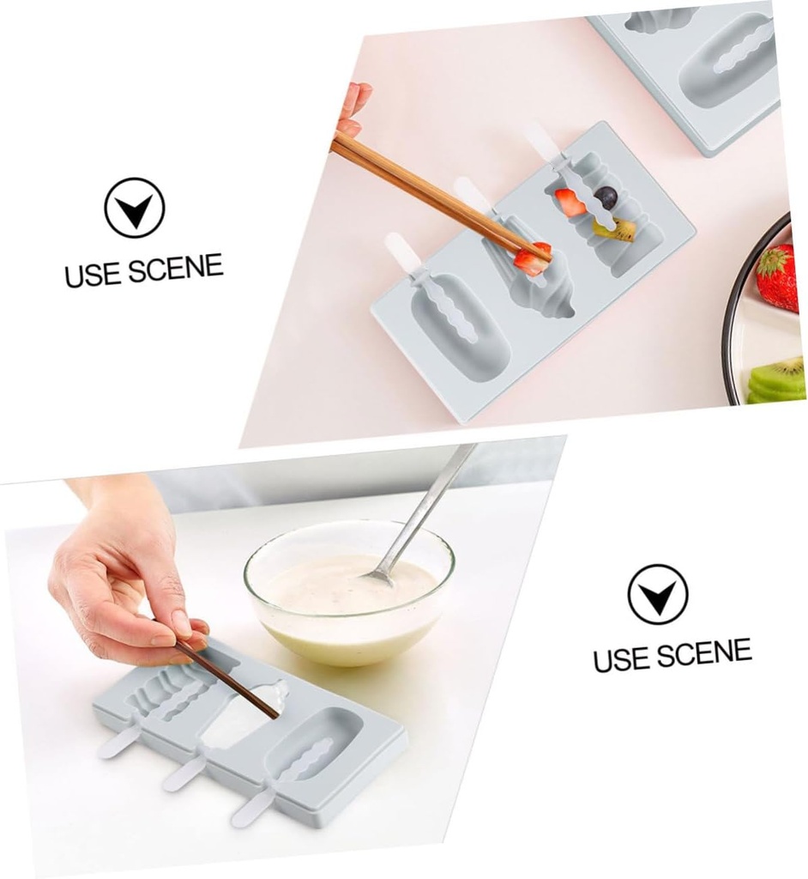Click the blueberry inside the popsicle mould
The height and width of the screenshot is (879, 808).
pyautogui.click(x=606, y=197)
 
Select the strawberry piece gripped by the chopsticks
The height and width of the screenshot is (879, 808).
pyautogui.click(x=533, y=258)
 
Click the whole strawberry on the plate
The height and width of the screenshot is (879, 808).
pyautogui.click(x=777, y=277)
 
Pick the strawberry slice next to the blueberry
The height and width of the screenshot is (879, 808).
pyautogui.click(x=570, y=203)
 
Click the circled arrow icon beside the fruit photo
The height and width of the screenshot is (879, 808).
pyautogui.click(x=135, y=208)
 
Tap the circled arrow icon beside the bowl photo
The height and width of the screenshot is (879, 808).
pyautogui.click(x=658, y=594)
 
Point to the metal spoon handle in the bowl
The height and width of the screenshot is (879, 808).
pyautogui.click(x=429, y=506)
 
